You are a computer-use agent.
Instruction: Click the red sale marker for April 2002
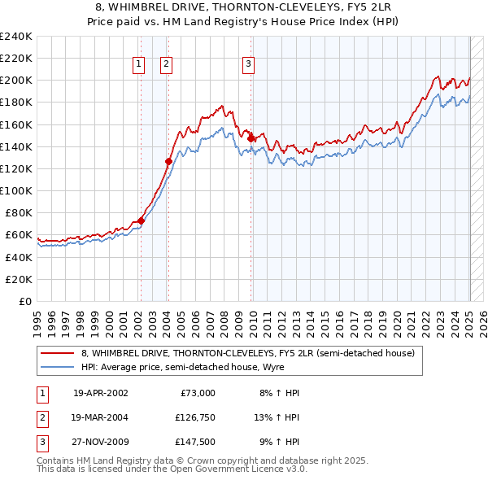141,220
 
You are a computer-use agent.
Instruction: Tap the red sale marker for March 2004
168,161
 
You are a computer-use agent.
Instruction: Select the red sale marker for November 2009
251,138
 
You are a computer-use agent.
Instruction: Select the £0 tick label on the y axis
25,301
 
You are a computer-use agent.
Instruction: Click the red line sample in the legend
57,353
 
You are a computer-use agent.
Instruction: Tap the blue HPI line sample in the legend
57,367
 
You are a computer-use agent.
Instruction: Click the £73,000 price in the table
197,393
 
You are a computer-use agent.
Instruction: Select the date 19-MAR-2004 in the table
101,417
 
